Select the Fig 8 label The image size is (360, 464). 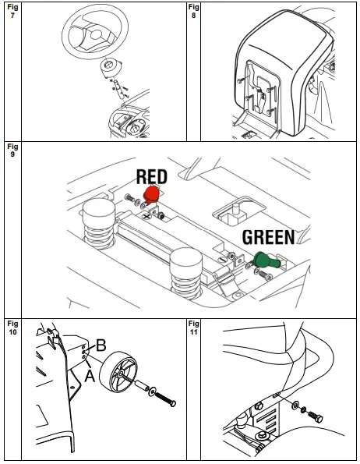pyautogui.click(x=194, y=12)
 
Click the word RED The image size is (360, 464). pyautogui.click(x=151, y=176)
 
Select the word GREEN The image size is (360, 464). pyautogui.click(x=268, y=237)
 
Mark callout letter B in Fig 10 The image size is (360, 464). pyautogui.click(x=100, y=345)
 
